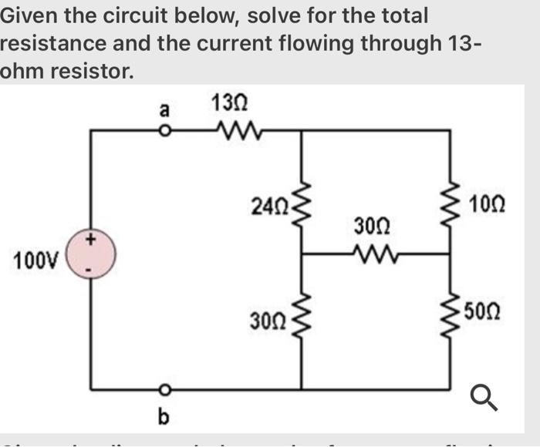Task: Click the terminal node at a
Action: click(163, 131)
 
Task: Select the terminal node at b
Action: click(163, 388)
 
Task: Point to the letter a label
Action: click(163, 110)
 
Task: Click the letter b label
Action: click(162, 417)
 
